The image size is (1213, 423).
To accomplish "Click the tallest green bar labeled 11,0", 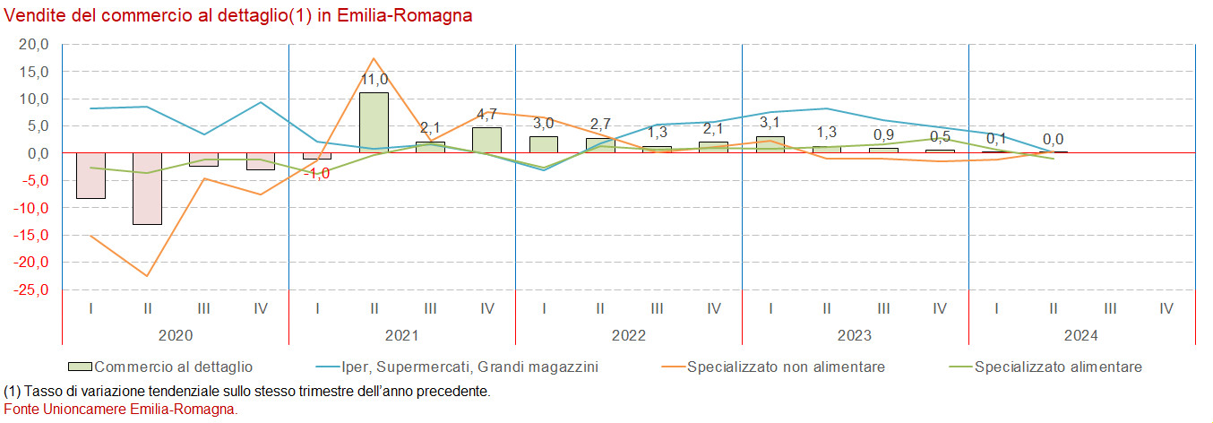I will tap(374, 123).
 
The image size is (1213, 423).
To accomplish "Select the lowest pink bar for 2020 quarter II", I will tap(147, 189).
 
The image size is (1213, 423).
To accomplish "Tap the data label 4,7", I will tap(487, 114).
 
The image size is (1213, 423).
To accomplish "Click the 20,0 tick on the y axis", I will tap(33, 44).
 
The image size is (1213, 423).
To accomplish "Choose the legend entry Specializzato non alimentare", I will tap(786, 367).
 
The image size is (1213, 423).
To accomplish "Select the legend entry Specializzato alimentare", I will tap(1058, 367).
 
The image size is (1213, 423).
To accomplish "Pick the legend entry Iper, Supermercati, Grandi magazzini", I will tap(469, 367).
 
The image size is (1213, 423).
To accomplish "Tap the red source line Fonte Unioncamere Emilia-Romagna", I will tap(121, 409).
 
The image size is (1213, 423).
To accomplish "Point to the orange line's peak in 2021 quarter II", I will tap(374, 58).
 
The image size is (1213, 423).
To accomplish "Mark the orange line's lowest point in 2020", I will tap(147, 276).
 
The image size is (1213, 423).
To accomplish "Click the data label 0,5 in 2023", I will tap(940, 137).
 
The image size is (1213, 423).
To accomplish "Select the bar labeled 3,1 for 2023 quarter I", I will tap(770, 144).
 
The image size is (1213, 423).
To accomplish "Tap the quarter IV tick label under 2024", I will tap(1166, 308).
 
